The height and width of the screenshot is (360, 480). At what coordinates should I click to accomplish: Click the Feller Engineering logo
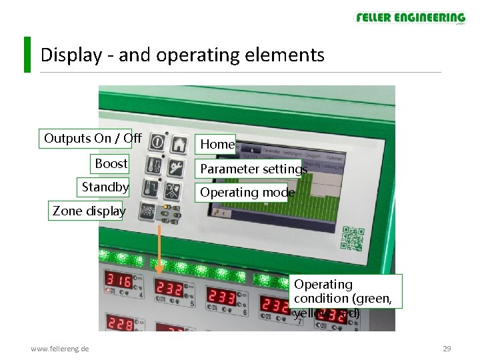click(410, 18)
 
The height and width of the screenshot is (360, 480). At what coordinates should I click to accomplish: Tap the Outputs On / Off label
click(93, 139)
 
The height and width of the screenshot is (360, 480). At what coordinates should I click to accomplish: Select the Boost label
click(111, 163)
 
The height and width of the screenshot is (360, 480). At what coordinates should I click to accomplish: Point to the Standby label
click(105, 187)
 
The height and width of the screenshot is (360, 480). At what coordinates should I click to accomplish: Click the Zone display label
click(89, 211)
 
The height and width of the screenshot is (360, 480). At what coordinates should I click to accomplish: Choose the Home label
click(217, 144)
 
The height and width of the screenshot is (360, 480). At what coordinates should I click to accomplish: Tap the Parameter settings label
click(253, 169)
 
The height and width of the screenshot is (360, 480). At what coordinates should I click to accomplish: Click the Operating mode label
click(247, 193)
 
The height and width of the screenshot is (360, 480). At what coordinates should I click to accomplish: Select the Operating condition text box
click(347, 291)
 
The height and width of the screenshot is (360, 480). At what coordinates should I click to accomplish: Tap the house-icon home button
click(179, 143)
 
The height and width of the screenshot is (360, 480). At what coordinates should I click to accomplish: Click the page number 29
click(447, 349)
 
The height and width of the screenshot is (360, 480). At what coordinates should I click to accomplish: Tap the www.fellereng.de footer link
click(60, 349)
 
